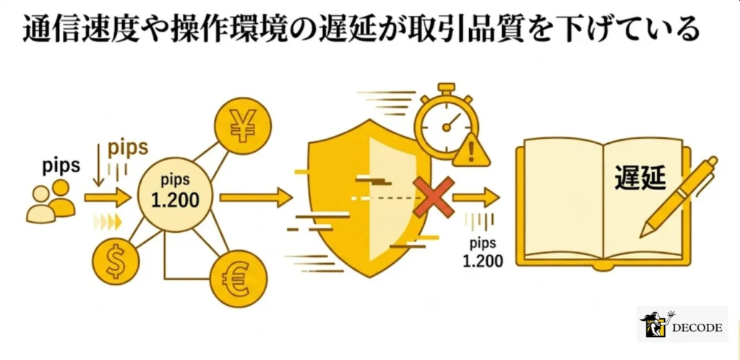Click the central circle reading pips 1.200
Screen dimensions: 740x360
point(175,195)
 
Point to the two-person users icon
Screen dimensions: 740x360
point(51,201)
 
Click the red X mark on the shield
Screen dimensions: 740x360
point(434,197)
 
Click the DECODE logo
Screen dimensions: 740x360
point(682,324)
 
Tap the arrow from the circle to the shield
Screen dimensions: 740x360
point(257,197)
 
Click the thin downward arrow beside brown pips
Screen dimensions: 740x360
point(98,166)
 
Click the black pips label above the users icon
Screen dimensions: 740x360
point(61,166)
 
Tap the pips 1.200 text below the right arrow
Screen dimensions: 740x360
point(483,252)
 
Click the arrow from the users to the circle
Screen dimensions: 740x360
point(107,197)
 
